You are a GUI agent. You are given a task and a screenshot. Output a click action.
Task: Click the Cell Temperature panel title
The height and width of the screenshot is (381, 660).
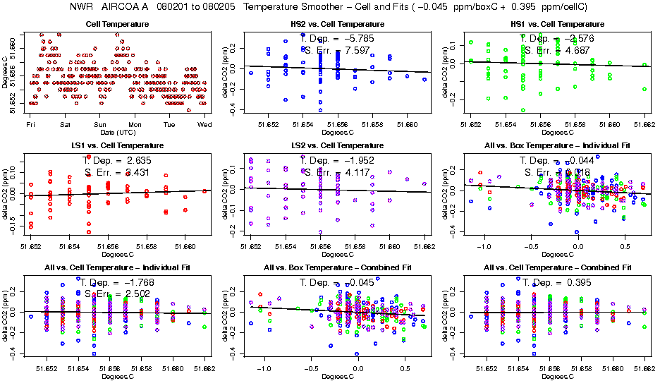coord(117,25)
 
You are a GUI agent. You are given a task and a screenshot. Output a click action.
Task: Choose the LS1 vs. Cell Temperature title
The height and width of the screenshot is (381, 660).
coord(117,146)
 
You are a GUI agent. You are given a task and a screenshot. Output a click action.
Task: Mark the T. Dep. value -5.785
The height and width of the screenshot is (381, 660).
coord(348,38)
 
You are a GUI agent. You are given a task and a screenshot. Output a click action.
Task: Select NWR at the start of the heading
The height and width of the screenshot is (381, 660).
coord(82,7)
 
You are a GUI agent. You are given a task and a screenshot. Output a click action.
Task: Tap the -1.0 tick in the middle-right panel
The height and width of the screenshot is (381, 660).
coord(484,247)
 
